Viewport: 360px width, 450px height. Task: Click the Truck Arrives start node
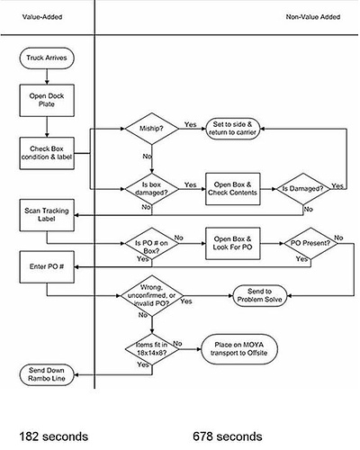(x=46, y=59)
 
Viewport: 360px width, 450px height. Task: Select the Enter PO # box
(x=46, y=266)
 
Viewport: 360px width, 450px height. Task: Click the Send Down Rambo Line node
(x=46, y=374)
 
